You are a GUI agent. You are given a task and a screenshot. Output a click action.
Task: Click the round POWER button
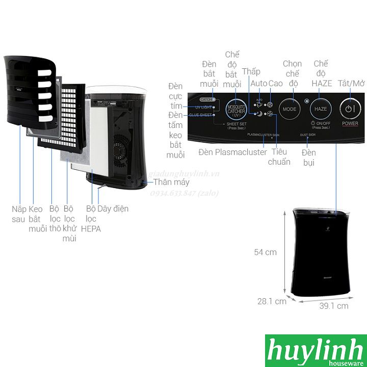[x=349, y=109]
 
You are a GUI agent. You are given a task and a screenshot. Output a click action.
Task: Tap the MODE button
[x=289, y=109]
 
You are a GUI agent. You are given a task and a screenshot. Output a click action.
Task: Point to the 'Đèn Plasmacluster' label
[x=233, y=152]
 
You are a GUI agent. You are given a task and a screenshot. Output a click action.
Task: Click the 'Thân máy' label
[x=172, y=182]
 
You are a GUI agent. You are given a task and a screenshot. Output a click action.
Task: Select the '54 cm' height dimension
[x=265, y=252]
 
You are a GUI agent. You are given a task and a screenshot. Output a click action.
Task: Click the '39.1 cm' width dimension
[x=334, y=306]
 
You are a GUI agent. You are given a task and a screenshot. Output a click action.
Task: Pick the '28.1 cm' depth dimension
[x=272, y=301]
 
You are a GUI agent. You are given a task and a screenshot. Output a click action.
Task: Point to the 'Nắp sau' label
[x=19, y=214]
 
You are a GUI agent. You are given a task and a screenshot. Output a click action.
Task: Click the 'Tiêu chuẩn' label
[x=279, y=156]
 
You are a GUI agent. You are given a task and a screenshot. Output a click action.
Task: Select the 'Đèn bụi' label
[x=309, y=158]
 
